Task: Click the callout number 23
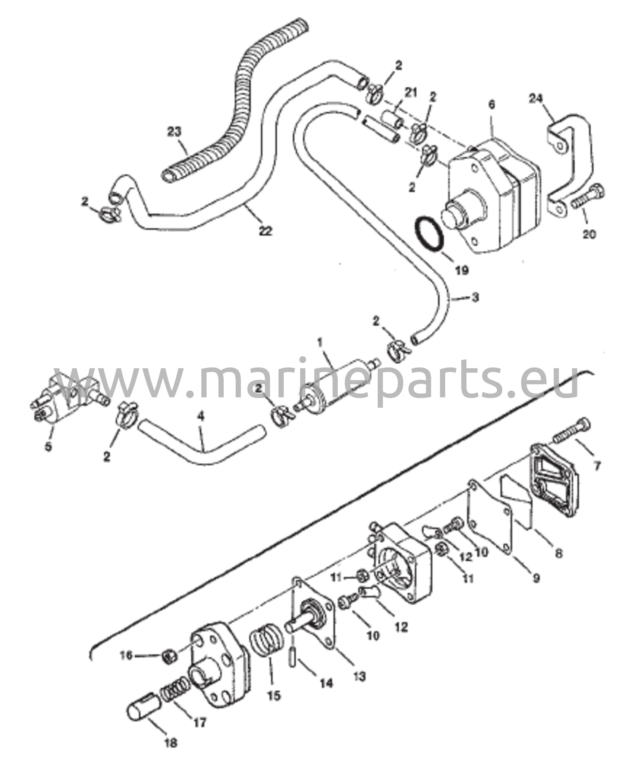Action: tap(174, 131)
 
